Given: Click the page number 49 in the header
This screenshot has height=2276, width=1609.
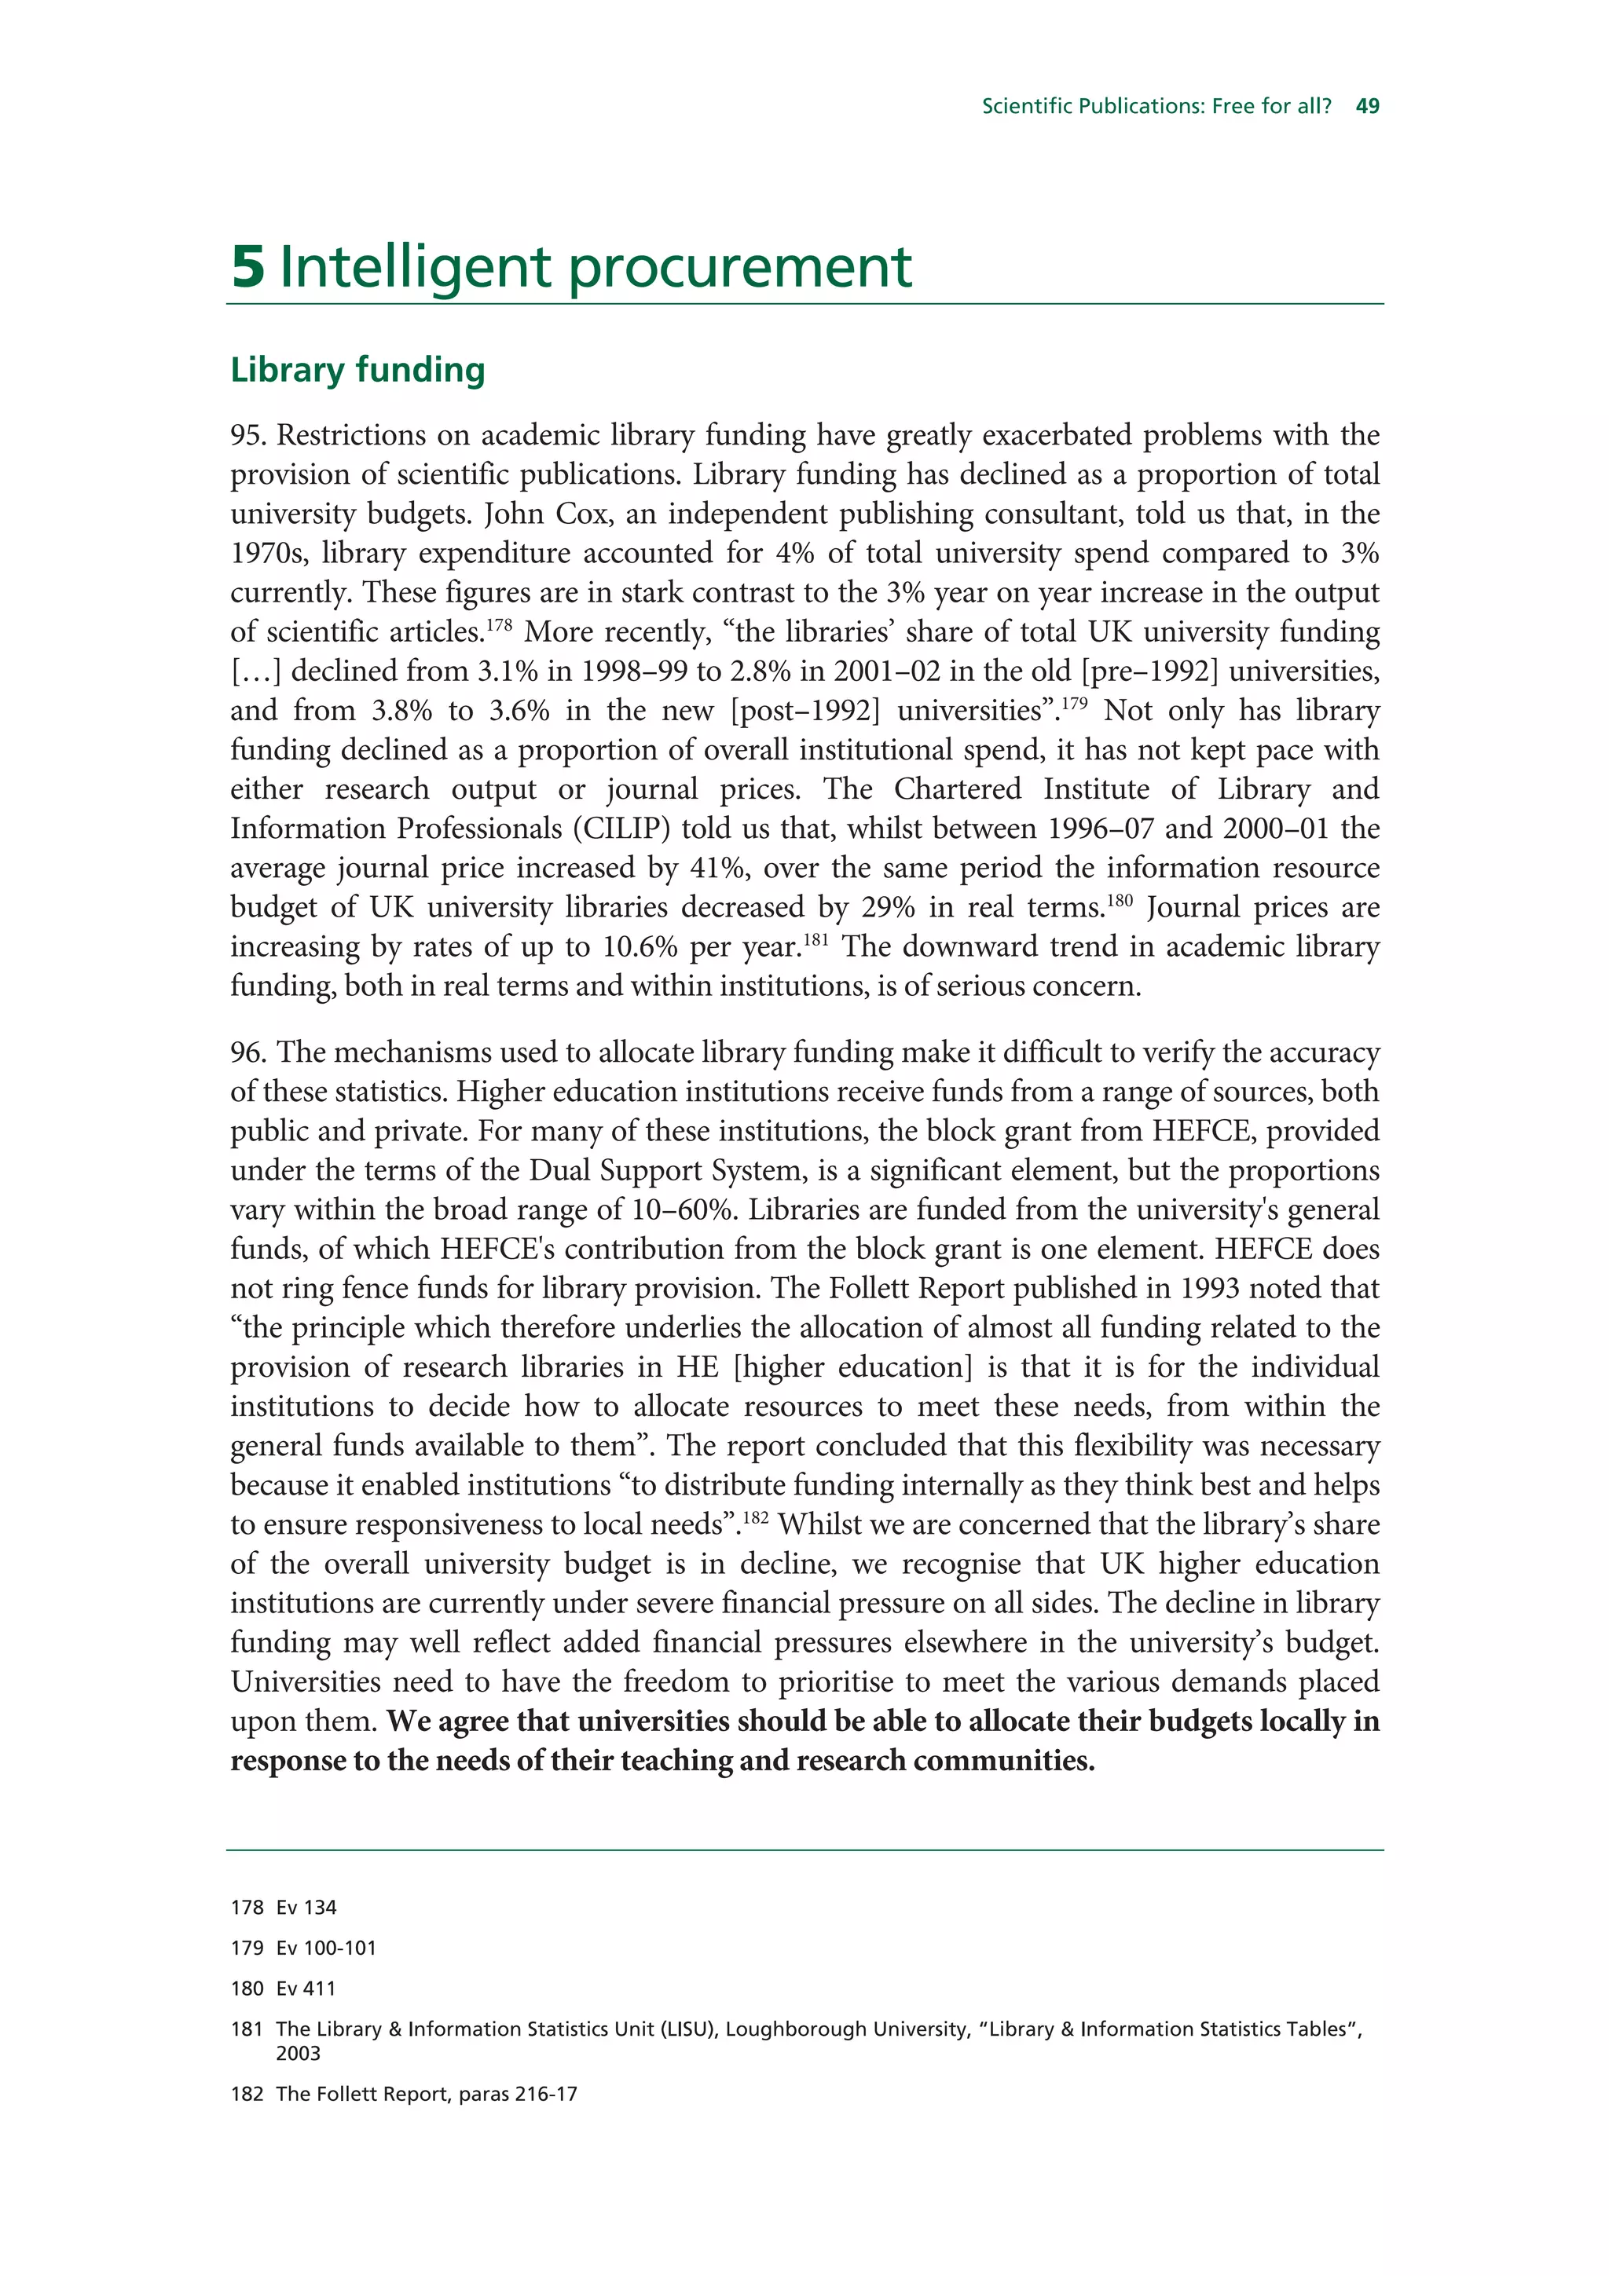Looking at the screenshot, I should (x=1367, y=106).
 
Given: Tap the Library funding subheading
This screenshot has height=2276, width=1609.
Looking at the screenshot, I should (x=358, y=370).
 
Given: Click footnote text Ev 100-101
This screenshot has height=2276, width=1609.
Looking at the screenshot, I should (x=326, y=1948).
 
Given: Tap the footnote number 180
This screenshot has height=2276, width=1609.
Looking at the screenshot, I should (x=247, y=1989).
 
